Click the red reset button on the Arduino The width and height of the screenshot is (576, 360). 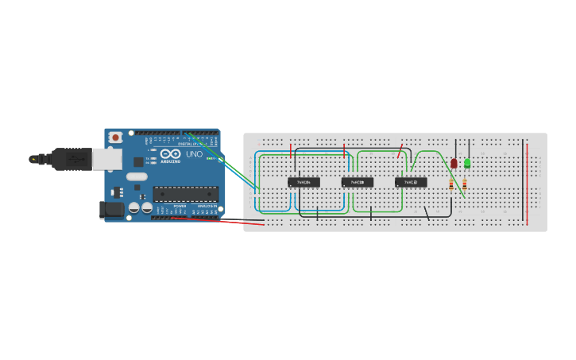[x=116, y=137]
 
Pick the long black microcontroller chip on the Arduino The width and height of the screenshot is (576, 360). [x=185, y=193]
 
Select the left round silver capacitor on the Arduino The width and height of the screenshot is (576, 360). [x=133, y=207]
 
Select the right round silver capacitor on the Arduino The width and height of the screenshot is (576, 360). [x=146, y=207]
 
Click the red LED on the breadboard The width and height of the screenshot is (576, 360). [x=454, y=163]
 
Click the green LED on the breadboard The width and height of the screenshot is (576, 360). [x=467, y=163]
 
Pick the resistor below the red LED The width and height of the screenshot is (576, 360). [x=451, y=184]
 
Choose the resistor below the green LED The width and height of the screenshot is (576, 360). [x=465, y=184]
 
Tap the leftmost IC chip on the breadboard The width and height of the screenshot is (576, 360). [x=303, y=182]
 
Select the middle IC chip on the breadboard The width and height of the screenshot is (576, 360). [x=358, y=182]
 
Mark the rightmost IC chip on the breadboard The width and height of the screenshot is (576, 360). [x=411, y=182]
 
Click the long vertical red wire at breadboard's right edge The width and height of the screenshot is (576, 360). [x=525, y=183]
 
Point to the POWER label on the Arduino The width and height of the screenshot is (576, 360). [x=180, y=205]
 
